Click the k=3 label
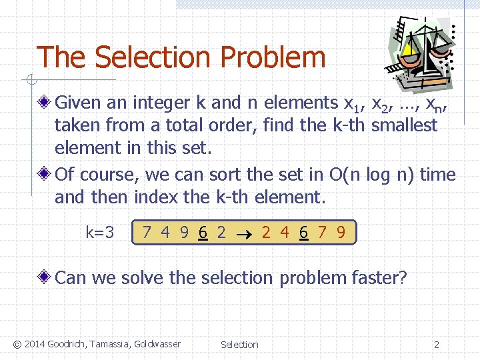[100, 233]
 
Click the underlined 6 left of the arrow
[202, 233]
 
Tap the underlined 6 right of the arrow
[303, 233]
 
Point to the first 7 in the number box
[147, 233]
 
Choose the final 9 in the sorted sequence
[341, 233]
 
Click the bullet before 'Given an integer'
[44, 103]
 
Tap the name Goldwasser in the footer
[157, 344]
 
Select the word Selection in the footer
[239, 345]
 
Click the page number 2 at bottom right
[437, 345]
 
